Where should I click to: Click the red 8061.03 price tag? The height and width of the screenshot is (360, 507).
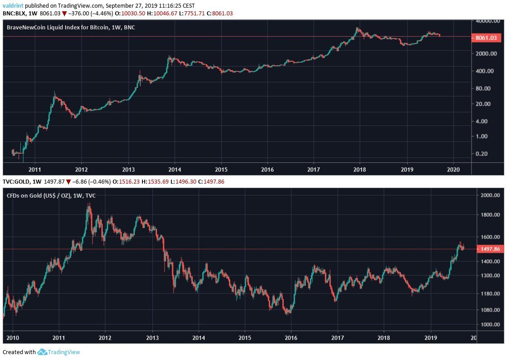tap(487, 38)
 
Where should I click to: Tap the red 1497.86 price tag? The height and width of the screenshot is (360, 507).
tap(490, 249)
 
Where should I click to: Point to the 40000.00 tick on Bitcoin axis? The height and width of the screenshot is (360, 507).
tap(488, 21)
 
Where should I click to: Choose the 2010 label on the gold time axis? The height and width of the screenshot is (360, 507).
tap(12, 337)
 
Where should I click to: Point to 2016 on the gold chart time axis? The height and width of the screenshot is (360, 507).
tap(291, 337)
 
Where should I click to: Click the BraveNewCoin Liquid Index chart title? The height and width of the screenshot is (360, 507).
tap(71, 28)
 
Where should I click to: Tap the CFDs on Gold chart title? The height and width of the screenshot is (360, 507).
tap(51, 195)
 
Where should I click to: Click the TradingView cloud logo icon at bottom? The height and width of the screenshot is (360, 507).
tap(43, 352)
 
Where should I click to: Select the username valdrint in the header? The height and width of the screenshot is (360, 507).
tap(12, 5)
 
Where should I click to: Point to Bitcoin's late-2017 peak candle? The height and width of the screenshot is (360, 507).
tap(357, 29)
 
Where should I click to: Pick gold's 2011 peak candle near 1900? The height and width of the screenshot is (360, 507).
tap(89, 206)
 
